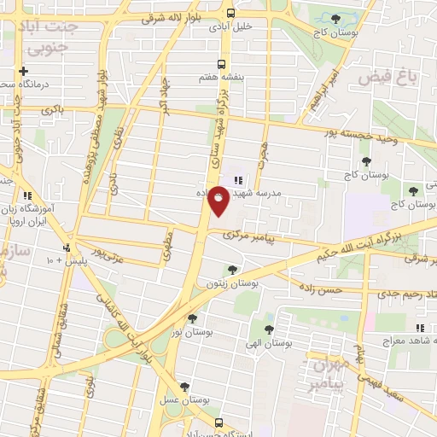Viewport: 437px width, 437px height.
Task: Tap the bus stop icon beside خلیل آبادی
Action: click(x=230, y=12)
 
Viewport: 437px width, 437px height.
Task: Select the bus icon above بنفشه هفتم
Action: click(x=222, y=64)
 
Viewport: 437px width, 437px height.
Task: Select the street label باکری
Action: click(x=50, y=110)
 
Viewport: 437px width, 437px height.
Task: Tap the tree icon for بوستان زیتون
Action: click(x=232, y=269)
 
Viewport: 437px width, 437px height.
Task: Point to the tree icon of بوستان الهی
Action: click(x=270, y=329)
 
